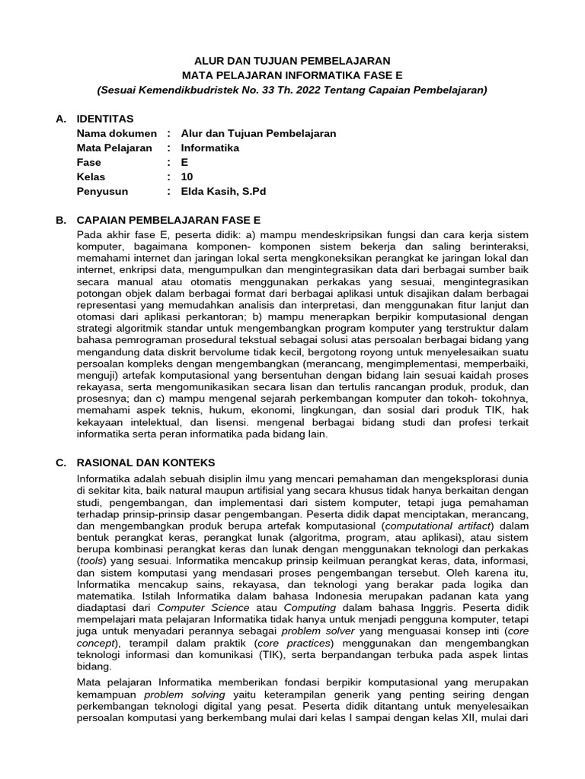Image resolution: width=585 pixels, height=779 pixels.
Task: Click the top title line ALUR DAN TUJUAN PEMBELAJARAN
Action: click(292, 60)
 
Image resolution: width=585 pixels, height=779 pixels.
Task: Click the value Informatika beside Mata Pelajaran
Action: click(210, 148)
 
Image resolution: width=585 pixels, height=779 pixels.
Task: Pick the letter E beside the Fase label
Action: click(184, 162)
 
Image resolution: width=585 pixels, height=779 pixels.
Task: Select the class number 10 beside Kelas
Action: click(187, 176)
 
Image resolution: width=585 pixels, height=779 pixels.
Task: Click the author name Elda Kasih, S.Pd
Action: click(224, 191)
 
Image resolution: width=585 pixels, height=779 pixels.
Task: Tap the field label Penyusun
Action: click(103, 191)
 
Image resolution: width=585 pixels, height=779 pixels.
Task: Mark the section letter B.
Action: click(61, 220)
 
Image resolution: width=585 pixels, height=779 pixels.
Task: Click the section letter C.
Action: click(61, 462)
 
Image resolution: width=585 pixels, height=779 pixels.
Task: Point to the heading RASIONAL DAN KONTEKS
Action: click(146, 462)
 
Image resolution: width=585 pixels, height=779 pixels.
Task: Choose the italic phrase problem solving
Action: click(185, 695)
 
